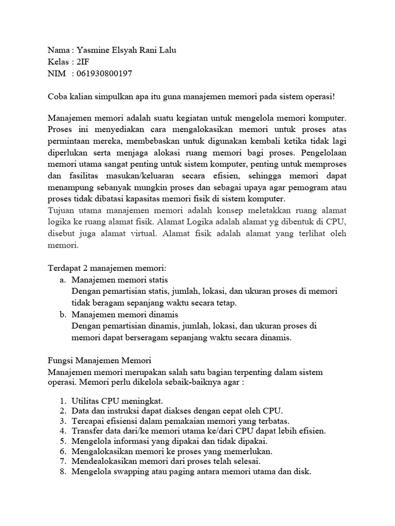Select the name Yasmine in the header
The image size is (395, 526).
(94, 51)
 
